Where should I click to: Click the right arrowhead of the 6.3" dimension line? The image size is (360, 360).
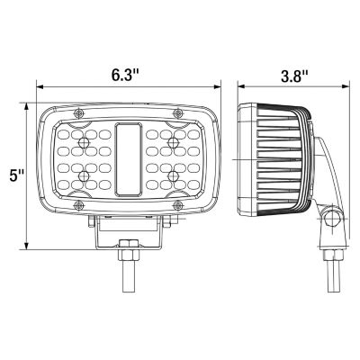[219, 86]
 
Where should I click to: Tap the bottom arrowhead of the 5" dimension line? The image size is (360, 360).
[29, 247]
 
